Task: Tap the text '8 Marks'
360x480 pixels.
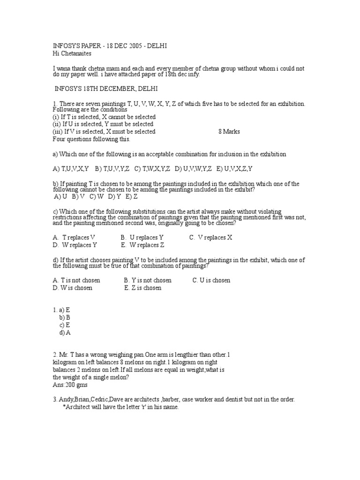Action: tap(229, 132)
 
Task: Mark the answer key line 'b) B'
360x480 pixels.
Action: tap(64, 317)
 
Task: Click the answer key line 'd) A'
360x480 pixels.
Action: tap(65, 332)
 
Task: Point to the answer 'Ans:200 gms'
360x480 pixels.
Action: tap(71, 384)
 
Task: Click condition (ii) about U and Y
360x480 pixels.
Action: tap(103, 124)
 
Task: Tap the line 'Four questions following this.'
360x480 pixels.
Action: tap(91, 139)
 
